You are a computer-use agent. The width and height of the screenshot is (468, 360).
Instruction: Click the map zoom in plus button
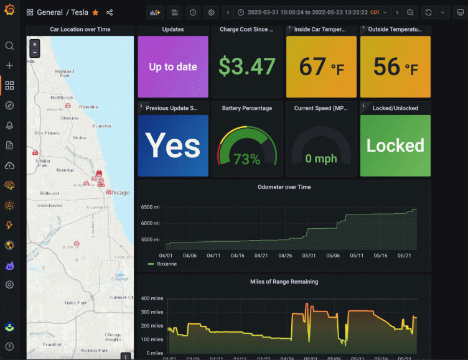tap(34, 44)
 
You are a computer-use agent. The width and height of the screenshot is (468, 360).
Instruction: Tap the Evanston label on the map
tap(101, 125)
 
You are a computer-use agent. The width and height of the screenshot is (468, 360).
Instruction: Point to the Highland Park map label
tap(64, 73)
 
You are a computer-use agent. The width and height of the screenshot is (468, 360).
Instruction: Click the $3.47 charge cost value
tap(247, 66)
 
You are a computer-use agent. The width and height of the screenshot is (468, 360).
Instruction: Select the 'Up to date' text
tap(173, 67)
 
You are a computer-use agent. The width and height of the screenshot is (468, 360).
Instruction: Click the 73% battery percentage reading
tap(247, 159)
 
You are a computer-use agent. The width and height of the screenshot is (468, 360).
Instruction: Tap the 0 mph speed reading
tap(321, 159)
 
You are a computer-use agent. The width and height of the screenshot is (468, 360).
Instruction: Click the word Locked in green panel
tap(395, 145)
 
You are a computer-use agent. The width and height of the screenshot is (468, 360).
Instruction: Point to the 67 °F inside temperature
tap(321, 67)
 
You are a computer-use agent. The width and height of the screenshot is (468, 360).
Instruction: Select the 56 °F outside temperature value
tap(395, 67)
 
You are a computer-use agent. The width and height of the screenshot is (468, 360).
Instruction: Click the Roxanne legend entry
tap(166, 264)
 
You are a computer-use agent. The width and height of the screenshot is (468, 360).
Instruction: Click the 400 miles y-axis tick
tap(152, 299)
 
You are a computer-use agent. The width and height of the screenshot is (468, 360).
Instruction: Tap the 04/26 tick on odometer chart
tap(285, 255)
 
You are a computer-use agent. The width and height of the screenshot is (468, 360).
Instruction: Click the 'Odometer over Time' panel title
tap(284, 187)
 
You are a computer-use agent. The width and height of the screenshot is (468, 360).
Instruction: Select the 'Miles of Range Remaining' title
tap(284, 282)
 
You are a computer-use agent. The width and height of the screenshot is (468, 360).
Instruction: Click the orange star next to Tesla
tap(95, 12)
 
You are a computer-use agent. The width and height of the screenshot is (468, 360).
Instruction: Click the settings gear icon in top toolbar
tap(212, 12)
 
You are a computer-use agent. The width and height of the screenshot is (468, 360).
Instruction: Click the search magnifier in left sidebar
tap(9, 45)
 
